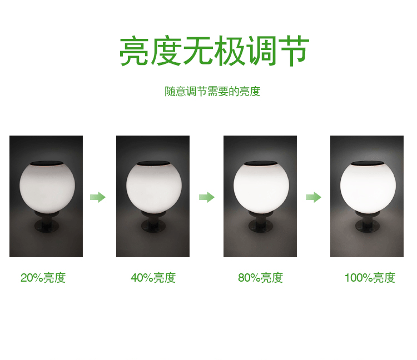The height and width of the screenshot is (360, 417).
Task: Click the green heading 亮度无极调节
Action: click(x=214, y=52)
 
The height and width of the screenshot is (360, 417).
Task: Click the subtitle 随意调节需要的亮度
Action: click(x=212, y=92)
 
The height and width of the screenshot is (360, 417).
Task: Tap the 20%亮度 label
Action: click(x=43, y=278)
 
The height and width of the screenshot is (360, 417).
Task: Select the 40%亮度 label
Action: click(x=153, y=278)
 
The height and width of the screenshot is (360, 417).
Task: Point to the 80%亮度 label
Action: click(x=260, y=278)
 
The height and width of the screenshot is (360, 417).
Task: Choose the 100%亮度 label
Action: click(x=370, y=278)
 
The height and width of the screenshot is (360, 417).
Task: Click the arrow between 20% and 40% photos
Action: click(x=98, y=197)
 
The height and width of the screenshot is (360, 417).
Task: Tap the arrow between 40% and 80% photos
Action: click(x=207, y=197)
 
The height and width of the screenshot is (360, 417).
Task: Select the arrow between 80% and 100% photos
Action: click(x=314, y=197)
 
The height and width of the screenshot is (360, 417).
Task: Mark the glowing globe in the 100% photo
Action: click(x=368, y=187)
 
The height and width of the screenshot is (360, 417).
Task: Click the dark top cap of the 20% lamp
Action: click(x=46, y=163)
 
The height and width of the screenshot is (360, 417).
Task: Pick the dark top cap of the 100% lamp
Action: click(x=368, y=163)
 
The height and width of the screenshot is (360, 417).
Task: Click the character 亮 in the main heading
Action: click(x=134, y=52)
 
